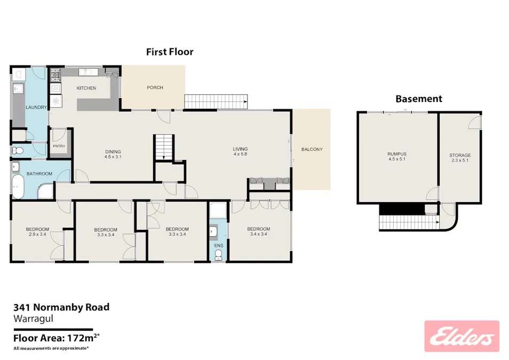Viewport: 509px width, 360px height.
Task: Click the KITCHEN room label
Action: pyautogui.click(x=86, y=88)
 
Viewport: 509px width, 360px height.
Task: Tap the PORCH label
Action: pyautogui.click(x=155, y=87)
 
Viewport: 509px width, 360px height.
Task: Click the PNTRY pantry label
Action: pyautogui.click(x=59, y=146)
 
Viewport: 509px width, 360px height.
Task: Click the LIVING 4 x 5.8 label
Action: pyautogui.click(x=241, y=151)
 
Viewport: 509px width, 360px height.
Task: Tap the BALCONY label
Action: pyautogui.click(x=312, y=149)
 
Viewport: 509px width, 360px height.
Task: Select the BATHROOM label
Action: pyautogui.click(x=39, y=173)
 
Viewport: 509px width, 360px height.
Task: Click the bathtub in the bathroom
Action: pyautogui.click(x=19, y=187)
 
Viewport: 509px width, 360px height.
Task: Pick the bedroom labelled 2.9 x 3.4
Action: pyautogui.click(x=37, y=232)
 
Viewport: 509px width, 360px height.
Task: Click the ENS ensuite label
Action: pyautogui.click(x=218, y=246)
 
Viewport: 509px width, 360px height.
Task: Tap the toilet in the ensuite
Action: pyautogui.click(x=218, y=257)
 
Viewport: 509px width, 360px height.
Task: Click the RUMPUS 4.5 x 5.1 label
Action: pyautogui.click(x=397, y=157)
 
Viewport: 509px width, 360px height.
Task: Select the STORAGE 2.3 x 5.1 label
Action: pyautogui.click(x=460, y=158)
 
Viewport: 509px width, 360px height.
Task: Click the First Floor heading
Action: pyautogui.click(x=170, y=52)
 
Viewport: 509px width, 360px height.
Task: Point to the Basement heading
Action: pyautogui.click(x=418, y=99)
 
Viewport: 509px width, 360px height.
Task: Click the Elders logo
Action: pyautogui.click(x=462, y=336)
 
